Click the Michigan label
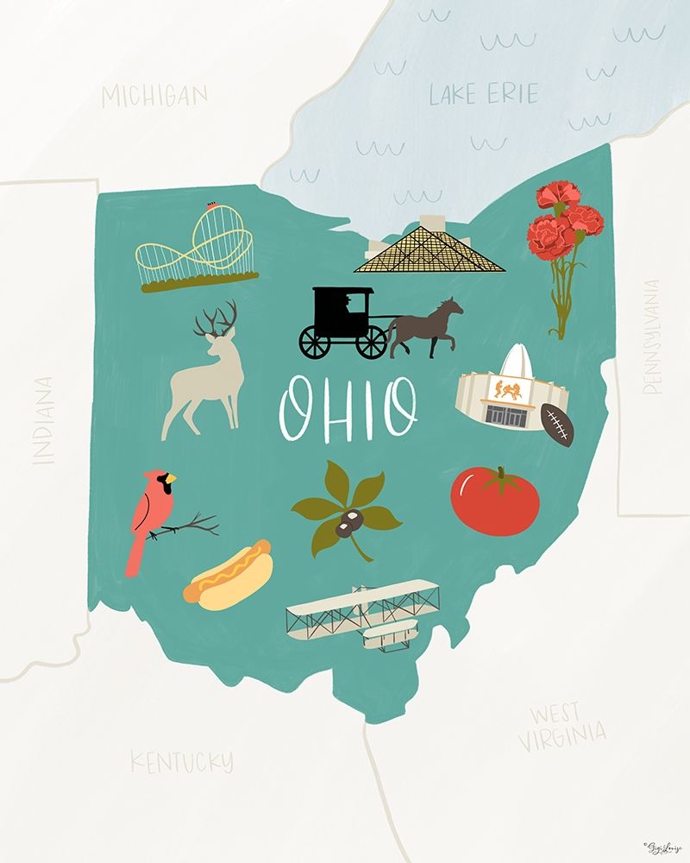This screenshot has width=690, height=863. [x=154, y=96]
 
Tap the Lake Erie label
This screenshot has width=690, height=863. [x=483, y=94]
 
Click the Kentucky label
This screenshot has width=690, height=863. [x=181, y=761]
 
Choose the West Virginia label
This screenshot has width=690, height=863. [x=561, y=726]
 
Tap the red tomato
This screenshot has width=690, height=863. [x=494, y=501]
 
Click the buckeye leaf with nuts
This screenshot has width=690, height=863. [x=347, y=507]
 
